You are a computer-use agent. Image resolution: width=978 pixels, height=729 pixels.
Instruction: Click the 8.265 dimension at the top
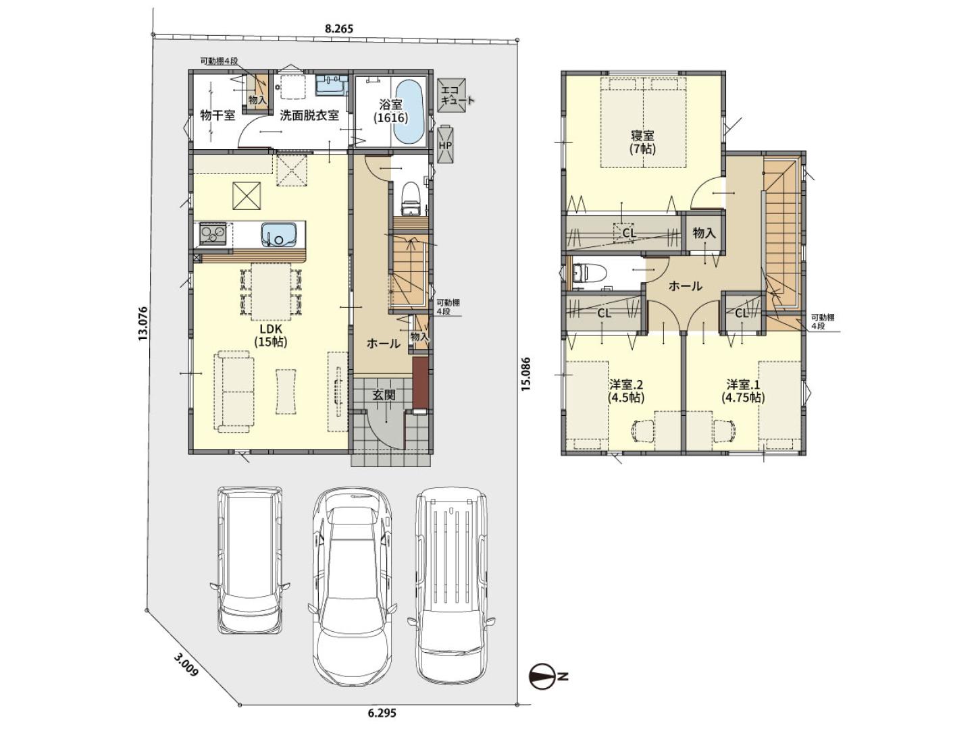coord(338,29)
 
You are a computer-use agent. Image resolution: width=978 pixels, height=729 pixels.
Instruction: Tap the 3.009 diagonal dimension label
coord(184,672)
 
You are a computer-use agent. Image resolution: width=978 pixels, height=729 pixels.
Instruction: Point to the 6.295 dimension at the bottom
coord(382,713)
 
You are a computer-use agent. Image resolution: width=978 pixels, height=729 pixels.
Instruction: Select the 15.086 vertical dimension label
coord(526,374)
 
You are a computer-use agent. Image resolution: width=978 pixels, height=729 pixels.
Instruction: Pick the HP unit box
coord(445,145)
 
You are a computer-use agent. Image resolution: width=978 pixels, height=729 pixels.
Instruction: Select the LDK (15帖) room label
coord(270,335)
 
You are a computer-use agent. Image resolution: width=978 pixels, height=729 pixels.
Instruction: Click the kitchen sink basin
coord(278,234)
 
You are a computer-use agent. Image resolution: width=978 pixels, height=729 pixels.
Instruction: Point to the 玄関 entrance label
coord(384,395)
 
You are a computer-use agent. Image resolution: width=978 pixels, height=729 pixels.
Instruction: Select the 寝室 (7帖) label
coord(642,142)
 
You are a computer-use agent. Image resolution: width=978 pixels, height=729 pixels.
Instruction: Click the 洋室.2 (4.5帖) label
coord(626,391)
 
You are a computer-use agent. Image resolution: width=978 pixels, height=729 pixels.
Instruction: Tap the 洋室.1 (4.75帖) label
coord(743,391)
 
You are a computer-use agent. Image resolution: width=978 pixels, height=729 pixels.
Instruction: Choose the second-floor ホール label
coord(686,286)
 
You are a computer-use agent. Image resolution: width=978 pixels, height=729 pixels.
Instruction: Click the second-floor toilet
coord(588,273)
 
